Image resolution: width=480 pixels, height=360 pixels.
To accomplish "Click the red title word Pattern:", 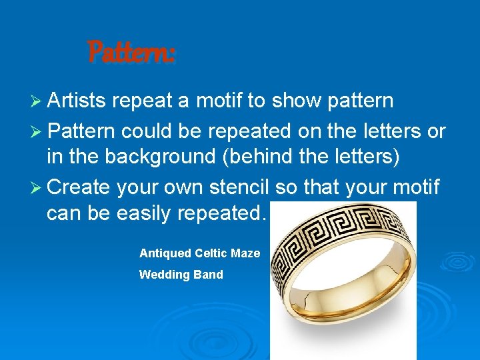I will pyautogui.click(x=131, y=52).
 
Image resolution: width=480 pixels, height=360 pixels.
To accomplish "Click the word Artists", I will pyautogui.click(x=77, y=101).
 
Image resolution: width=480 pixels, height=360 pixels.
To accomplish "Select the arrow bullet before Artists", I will pyautogui.click(x=37, y=101).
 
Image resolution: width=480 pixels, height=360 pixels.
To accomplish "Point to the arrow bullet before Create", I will pyautogui.click(x=37, y=188).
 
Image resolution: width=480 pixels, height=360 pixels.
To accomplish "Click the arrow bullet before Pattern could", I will pyautogui.click(x=37, y=131).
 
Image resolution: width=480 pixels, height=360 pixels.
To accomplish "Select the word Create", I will pyautogui.click(x=79, y=187).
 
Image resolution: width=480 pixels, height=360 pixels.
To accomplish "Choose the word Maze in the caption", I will pyautogui.click(x=245, y=253).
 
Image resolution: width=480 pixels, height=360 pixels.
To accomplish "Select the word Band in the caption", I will pyautogui.click(x=209, y=275).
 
